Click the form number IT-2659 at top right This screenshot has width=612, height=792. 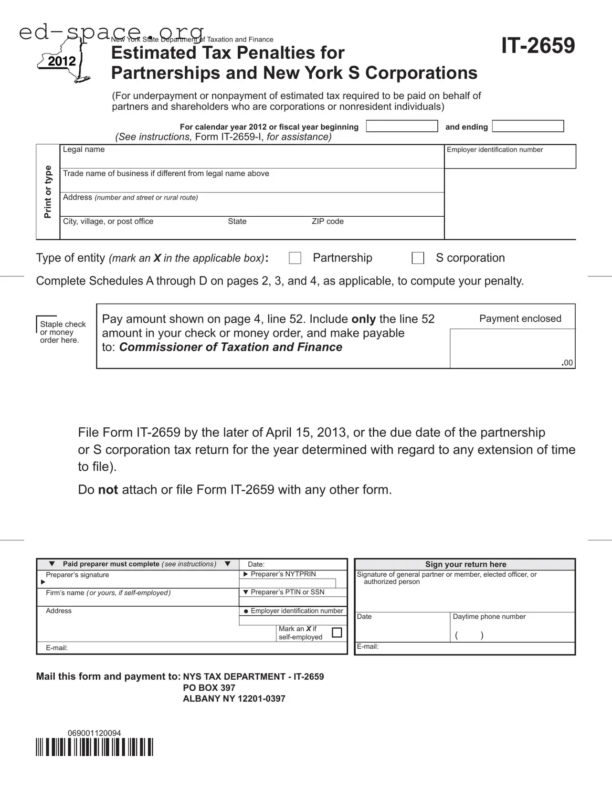click(538, 46)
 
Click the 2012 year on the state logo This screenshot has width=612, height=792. click(62, 62)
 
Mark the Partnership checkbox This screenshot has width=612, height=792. click(295, 258)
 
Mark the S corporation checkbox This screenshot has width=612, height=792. click(418, 258)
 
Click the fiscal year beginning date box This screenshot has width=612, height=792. click(401, 126)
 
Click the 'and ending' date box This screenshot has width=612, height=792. click(528, 126)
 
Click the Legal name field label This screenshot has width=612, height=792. click(84, 149)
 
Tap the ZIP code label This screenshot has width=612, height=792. click(327, 222)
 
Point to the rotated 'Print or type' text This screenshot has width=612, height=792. click(48, 192)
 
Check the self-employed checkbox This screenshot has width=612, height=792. click(337, 633)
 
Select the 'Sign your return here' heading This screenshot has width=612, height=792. click(465, 564)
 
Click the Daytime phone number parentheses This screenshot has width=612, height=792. click(469, 635)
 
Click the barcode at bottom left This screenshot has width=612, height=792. click(95, 747)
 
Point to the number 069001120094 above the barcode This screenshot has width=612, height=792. click(94, 733)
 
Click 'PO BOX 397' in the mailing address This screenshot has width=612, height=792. click(209, 688)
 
